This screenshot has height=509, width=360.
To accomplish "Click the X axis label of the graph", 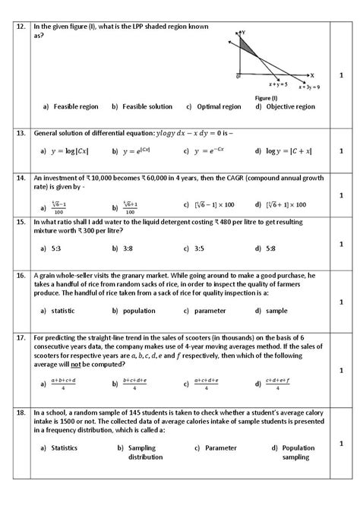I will coord(311,76).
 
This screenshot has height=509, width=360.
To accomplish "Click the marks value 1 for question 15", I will coord(341,243).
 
